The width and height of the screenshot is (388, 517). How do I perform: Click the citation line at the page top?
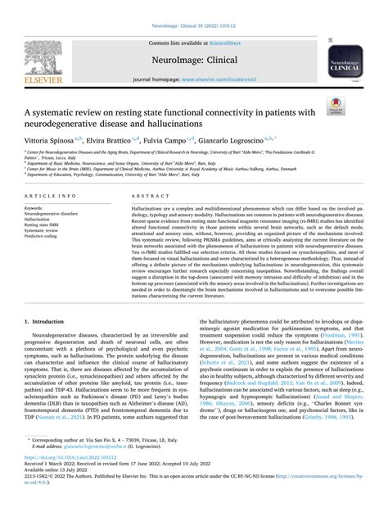click(x=194, y=7)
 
